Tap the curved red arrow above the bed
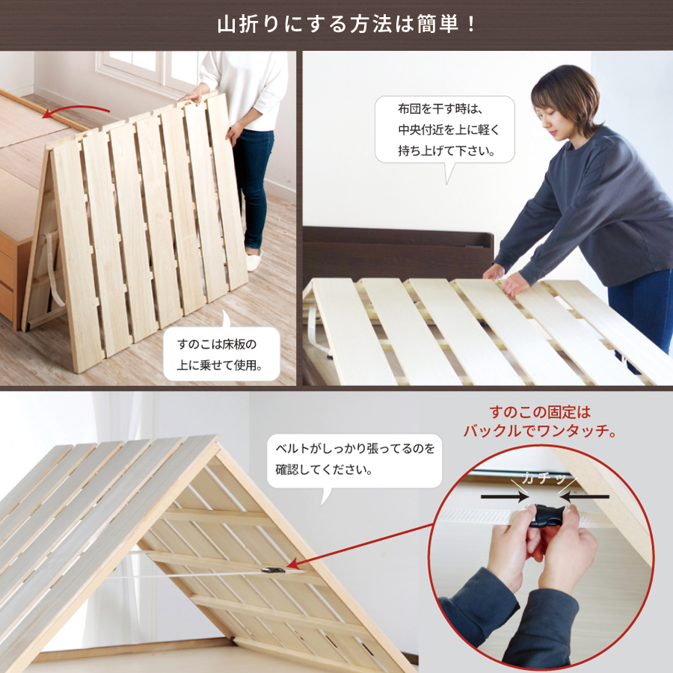75,112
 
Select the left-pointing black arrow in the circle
586,496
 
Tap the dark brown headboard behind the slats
396,251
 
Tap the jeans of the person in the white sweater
253,179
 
